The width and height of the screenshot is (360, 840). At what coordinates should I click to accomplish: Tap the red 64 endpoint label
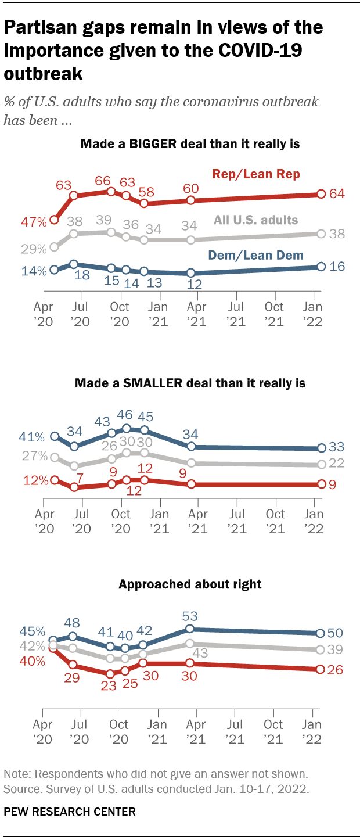337,194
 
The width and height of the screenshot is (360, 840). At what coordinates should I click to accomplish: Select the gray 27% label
33,457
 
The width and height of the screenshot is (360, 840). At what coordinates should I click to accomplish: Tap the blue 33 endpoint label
337,447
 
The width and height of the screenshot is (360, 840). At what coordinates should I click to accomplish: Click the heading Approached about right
190,584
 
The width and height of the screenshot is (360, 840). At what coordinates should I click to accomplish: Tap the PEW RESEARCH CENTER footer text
70,812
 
